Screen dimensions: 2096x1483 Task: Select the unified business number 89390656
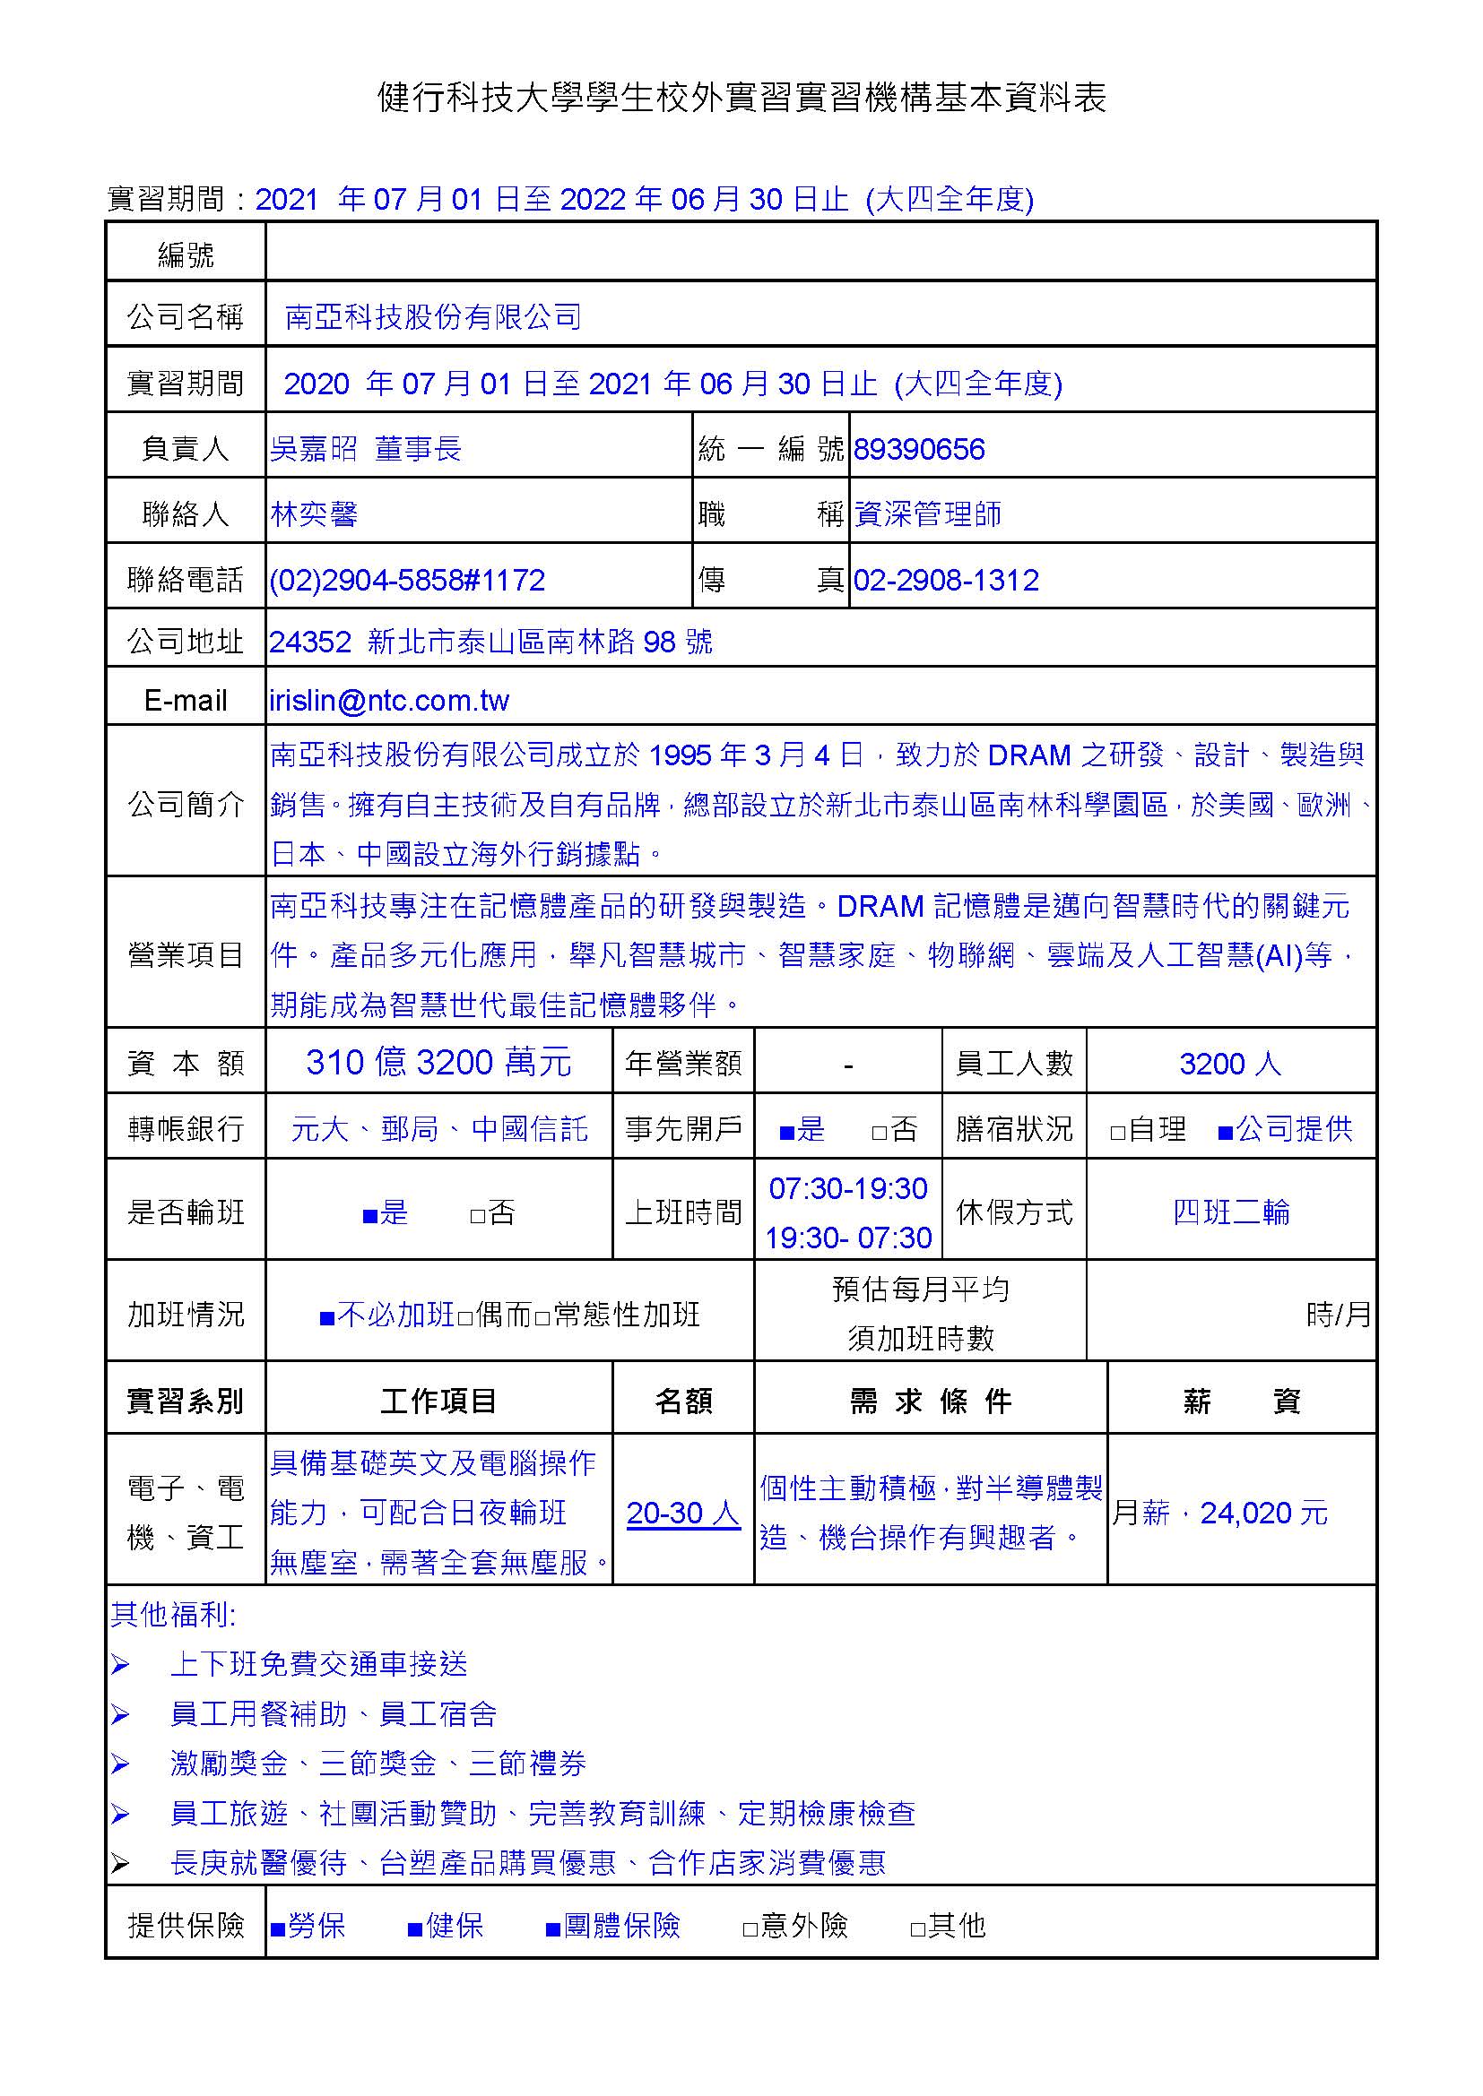pyautogui.click(x=919, y=449)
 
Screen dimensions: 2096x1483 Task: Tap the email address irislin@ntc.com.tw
pyautogui.click(x=389, y=700)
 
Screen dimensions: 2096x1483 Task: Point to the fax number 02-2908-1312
pyautogui.click(x=946, y=580)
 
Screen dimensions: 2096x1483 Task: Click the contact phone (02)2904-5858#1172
pyautogui.click(x=407, y=580)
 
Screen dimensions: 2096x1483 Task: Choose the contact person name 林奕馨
pyautogui.click(x=313, y=514)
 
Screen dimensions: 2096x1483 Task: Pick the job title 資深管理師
pyautogui.click(x=928, y=514)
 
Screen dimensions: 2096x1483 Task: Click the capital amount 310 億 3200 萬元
pyautogui.click(x=438, y=1063)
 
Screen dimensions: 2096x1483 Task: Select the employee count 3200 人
pyautogui.click(x=1230, y=1064)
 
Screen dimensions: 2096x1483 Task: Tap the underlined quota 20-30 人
pyautogui.click(x=683, y=1513)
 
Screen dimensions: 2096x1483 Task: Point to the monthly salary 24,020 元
pyautogui.click(x=1264, y=1513)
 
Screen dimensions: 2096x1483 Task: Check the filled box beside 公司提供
pyautogui.click(x=1226, y=1133)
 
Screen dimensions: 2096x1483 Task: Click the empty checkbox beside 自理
pyautogui.click(x=1118, y=1133)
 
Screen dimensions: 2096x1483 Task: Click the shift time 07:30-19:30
pyautogui.click(x=847, y=1188)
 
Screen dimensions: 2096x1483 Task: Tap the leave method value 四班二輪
pyautogui.click(x=1231, y=1212)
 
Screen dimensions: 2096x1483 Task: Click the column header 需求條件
pyautogui.click(x=930, y=1402)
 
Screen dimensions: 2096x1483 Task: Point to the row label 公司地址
pyautogui.click(x=186, y=642)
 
